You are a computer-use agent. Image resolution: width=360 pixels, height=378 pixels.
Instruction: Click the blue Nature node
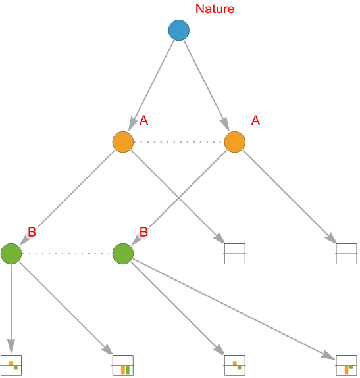pyautogui.click(x=179, y=30)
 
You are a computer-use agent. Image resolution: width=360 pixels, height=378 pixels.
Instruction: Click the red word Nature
pyautogui.click(x=215, y=9)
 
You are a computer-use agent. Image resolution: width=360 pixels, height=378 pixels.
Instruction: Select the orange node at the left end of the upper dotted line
pyautogui.click(x=123, y=142)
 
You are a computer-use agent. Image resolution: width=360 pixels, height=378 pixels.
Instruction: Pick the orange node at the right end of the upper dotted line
pyautogui.click(x=235, y=142)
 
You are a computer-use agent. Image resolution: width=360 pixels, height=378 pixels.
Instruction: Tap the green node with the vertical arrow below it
pyautogui.click(x=11, y=254)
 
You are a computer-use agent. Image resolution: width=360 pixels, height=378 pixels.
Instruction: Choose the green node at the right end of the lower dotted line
pyautogui.click(x=123, y=254)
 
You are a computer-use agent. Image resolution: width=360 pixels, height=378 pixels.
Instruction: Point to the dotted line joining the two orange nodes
pyautogui.click(x=179, y=142)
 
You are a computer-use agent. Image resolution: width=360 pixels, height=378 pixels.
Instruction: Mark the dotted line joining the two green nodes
pyautogui.click(x=67, y=254)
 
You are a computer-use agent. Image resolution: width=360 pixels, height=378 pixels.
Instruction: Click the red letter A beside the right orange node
pyautogui.click(x=255, y=120)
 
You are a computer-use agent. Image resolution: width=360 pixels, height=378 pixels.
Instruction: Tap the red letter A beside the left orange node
pyautogui.click(x=144, y=120)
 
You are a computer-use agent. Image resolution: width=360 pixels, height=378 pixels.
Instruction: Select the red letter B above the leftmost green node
pyautogui.click(x=32, y=232)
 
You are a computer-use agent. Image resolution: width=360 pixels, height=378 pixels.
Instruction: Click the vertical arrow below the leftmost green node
pyautogui.click(x=11, y=309)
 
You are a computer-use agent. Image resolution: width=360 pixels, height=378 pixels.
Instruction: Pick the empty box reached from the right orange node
pyautogui.click(x=346, y=254)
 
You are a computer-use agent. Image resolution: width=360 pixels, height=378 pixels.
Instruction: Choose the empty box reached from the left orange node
pyautogui.click(x=235, y=254)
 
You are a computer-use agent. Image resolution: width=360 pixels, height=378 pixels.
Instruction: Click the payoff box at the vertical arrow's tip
pyautogui.click(x=11, y=366)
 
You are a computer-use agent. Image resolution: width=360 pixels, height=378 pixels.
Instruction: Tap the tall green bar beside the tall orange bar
pyautogui.click(x=128, y=370)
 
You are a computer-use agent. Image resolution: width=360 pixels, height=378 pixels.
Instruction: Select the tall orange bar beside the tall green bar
pyautogui.click(x=123, y=370)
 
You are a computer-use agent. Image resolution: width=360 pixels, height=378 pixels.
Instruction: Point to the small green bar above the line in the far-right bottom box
pyautogui.click(x=351, y=367)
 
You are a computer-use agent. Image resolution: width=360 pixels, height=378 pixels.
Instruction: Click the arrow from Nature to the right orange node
pyautogui.click(x=206, y=85)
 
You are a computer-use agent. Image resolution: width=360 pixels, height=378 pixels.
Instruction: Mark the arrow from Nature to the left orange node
pyautogui.click(x=151, y=85)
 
